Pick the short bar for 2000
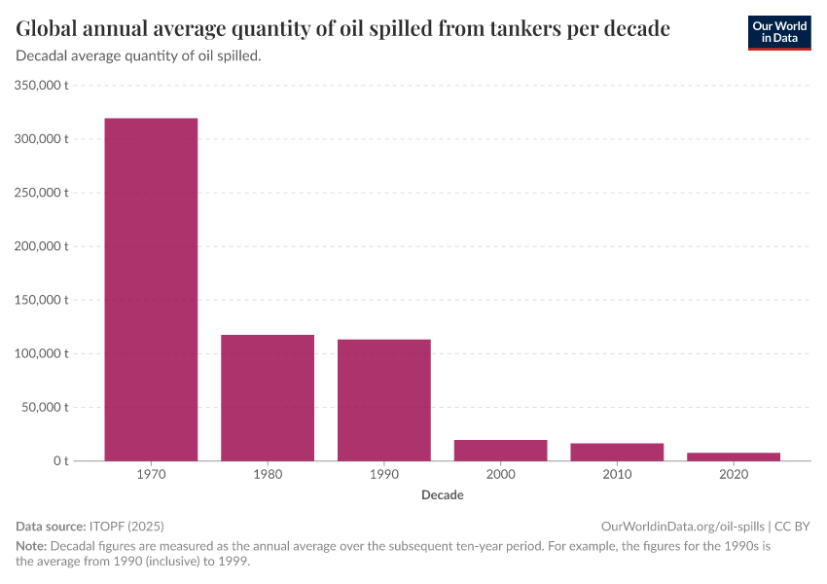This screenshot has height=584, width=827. [x=500, y=450]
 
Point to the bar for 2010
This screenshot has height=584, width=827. [x=617, y=452]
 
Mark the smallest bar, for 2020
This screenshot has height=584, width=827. [x=734, y=456]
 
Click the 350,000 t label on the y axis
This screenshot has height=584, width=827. [x=42, y=86]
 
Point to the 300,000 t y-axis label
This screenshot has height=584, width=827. [x=42, y=139]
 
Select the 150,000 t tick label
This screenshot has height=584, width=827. [x=42, y=300]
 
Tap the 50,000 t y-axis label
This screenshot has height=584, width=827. [x=45, y=407]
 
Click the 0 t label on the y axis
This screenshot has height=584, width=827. [x=59, y=460]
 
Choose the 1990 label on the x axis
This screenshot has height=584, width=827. [x=384, y=475]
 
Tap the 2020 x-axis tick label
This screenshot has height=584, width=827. [x=734, y=475]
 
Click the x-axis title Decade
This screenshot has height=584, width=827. [x=443, y=495]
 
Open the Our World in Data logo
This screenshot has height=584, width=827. [x=779, y=32]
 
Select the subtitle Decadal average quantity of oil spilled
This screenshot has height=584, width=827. [x=138, y=56]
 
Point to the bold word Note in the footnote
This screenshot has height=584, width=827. [x=30, y=545]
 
